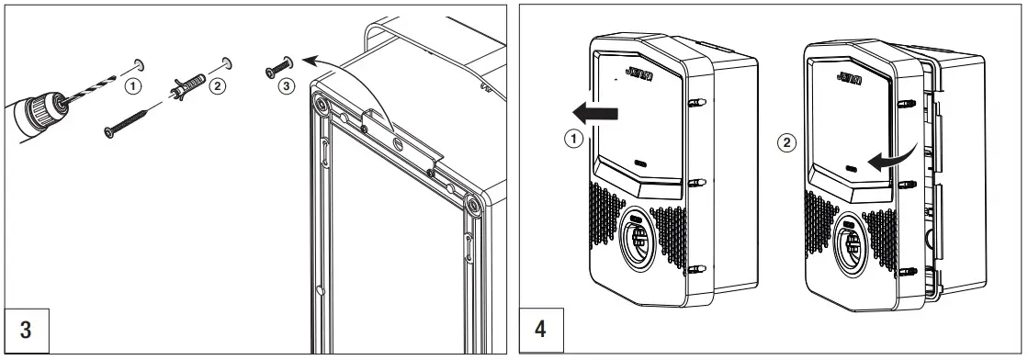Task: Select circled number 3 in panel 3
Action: click(286, 86)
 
